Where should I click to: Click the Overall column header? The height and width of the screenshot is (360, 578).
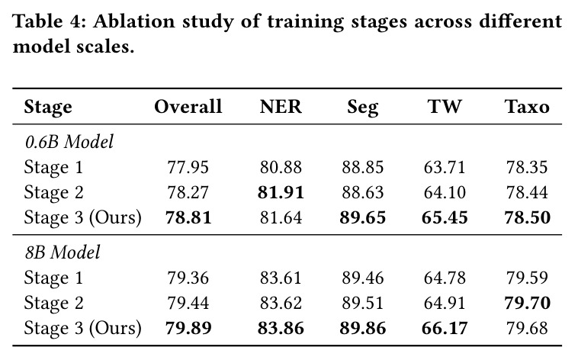pyautogui.click(x=188, y=107)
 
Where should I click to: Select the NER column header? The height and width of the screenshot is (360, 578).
pyautogui.click(x=281, y=107)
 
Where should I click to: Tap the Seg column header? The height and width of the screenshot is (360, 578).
pyautogui.click(x=362, y=108)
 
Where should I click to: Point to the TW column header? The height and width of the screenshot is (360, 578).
pyautogui.click(x=445, y=107)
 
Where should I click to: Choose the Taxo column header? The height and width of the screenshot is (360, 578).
pyautogui.click(x=527, y=107)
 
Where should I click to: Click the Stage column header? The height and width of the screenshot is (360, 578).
pyautogui.click(x=48, y=108)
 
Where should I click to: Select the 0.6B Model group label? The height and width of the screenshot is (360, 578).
pyautogui.click(x=69, y=142)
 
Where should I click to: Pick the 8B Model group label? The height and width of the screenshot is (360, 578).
pyautogui.click(x=63, y=252)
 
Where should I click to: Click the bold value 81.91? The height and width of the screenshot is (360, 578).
pyautogui.click(x=281, y=192)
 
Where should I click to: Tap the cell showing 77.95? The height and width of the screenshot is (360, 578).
pyautogui.click(x=188, y=167)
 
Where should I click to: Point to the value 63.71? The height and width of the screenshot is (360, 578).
pyautogui.click(x=445, y=167)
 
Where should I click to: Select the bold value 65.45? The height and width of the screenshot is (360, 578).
pyautogui.click(x=445, y=217)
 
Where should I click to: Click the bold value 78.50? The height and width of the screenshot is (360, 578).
pyautogui.click(x=527, y=217)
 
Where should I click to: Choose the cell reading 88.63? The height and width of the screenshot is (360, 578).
pyautogui.click(x=362, y=192)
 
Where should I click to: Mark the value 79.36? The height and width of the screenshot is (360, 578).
pyautogui.click(x=188, y=278)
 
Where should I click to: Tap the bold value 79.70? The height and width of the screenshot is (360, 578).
pyautogui.click(x=527, y=303)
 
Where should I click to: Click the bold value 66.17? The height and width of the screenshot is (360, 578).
pyautogui.click(x=445, y=328)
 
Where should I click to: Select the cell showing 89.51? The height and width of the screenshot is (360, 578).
pyautogui.click(x=362, y=303)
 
